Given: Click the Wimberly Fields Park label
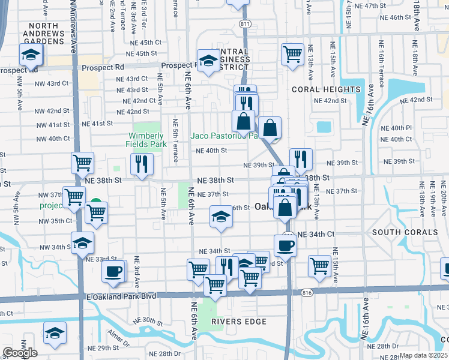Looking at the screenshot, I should pyautogui.click(x=146, y=140).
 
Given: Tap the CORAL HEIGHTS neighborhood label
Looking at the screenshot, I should pyautogui.click(x=326, y=89).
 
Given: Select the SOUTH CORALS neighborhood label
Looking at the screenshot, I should pyautogui.click(x=405, y=232).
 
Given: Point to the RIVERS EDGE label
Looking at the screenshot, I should pyautogui.click(x=238, y=322).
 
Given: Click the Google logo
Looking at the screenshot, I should pyautogui.click(x=19, y=353).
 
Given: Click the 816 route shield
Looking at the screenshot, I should pyautogui.click(x=307, y=292).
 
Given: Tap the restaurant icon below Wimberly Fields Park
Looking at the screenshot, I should pyautogui.click(x=142, y=164).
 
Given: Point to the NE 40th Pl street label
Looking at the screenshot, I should pyautogui.click(x=400, y=128).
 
